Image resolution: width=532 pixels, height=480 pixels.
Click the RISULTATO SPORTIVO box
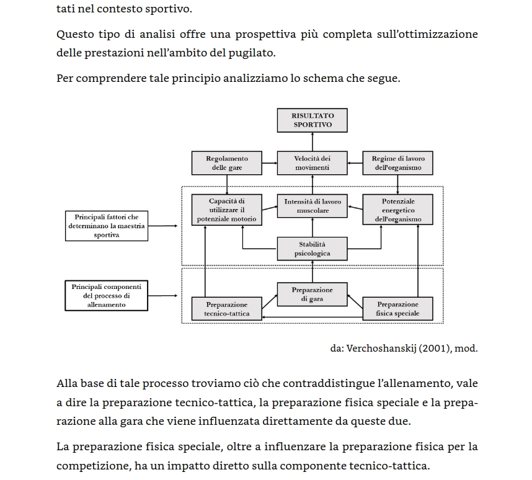(x=313, y=120)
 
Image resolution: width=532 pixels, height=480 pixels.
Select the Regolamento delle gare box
(x=227, y=163)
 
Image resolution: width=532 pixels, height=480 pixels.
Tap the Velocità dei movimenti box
(x=313, y=163)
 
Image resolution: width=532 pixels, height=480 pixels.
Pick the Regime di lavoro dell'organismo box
(x=398, y=163)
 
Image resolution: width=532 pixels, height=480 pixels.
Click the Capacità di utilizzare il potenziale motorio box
(x=227, y=210)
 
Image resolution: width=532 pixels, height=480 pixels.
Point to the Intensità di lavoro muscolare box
(x=313, y=207)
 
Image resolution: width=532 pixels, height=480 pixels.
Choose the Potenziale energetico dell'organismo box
(x=398, y=210)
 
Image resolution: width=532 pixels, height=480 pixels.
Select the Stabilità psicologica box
(x=313, y=249)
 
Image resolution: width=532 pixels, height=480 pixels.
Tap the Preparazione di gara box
(x=313, y=295)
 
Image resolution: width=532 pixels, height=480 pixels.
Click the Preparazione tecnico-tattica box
(x=227, y=309)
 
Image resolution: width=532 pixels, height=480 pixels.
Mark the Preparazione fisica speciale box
(x=398, y=309)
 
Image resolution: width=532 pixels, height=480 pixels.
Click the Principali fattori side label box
(x=107, y=226)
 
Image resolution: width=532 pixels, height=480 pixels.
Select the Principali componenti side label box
(x=107, y=296)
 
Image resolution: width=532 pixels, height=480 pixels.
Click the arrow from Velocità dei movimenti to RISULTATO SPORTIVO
(x=313, y=142)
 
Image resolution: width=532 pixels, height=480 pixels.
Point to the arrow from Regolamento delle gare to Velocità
(x=270, y=164)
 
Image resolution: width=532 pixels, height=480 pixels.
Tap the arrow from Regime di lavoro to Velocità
(x=355, y=164)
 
